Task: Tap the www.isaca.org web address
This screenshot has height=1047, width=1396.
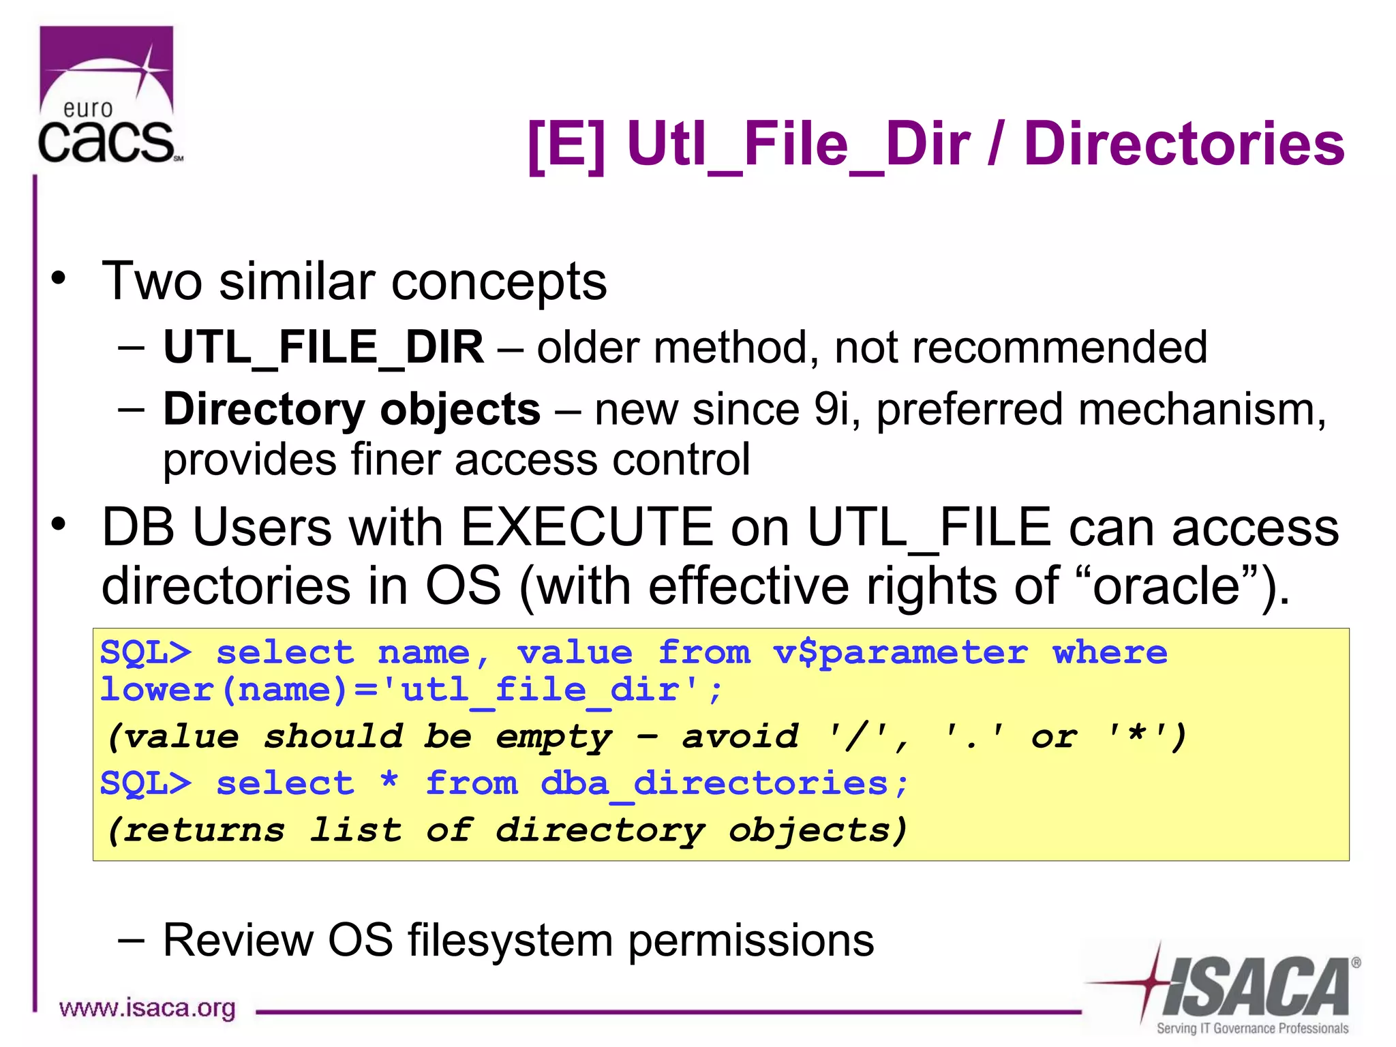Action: point(147,1007)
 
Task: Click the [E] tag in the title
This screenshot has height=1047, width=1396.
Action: point(566,145)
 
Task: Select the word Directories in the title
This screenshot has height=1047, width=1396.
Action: point(1184,145)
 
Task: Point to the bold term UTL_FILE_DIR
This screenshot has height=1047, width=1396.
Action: point(324,348)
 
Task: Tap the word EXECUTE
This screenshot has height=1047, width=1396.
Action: point(587,528)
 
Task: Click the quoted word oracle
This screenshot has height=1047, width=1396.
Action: point(1166,586)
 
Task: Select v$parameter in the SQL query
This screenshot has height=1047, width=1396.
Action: point(900,654)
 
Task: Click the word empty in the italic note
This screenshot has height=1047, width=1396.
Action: point(553,738)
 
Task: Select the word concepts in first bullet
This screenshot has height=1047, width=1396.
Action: point(499,282)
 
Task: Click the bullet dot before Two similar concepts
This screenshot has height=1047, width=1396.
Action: point(59,278)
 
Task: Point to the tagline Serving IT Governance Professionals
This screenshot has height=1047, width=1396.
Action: point(1252,1028)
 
